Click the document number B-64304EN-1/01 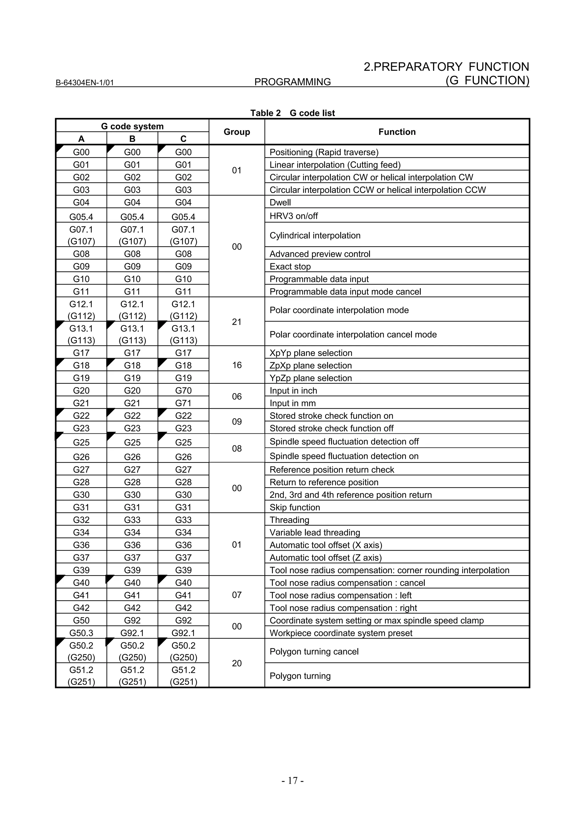pyautogui.click(x=85, y=83)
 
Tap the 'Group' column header pyautogui.click(x=237, y=132)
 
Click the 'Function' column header pyautogui.click(x=397, y=132)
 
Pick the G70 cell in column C pyautogui.click(x=183, y=391)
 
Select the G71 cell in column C pyautogui.click(x=183, y=403)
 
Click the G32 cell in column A pyautogui.click(x=81, y=520)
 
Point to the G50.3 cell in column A pyautogui.click(x=81, y=633)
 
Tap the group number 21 pyautogui.click(x=237, y=322)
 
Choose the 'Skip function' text pyautogui.click(x=294, y=507)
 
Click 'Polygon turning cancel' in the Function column pyautogui.click(x=314, y=652)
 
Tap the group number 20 pyautogui.click(x=237, y=663)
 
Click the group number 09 pyautogui.click(x=237, y=422)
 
